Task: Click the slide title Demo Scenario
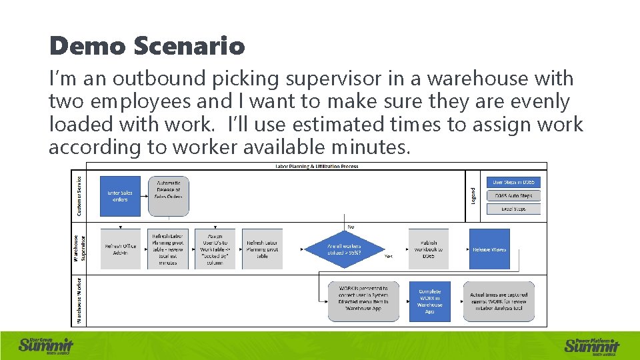147,46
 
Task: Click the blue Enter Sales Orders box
121,196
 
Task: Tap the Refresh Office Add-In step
121,249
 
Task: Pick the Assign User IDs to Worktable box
215,249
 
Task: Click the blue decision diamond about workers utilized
344,249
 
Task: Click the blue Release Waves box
489,249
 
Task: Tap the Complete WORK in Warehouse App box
429,301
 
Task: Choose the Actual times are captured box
499,301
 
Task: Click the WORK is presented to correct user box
362,301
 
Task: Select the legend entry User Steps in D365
513,182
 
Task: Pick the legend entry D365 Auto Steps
513,196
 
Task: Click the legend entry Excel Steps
513,209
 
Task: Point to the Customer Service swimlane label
79,196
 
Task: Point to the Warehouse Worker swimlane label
79,301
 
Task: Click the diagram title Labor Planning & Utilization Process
317,167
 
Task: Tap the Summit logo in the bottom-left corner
46,345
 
